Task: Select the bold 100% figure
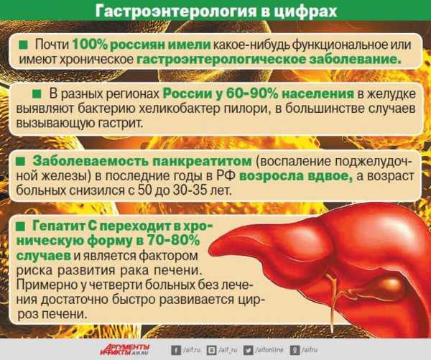click(x=90, y=45)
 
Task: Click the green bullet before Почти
click(x=24, y=45)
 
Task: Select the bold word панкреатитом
click(x=202, y=162)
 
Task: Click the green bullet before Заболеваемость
click(x=20, y=162)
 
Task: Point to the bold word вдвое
click(x=330, y=176)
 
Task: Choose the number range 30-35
click(x=190, y=190)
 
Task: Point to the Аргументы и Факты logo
click(x=125, y=349)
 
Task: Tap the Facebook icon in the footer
click(x=176, y=350)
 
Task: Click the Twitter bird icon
click(x=249, y=350)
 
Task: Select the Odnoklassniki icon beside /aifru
click(x=295, y=350)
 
